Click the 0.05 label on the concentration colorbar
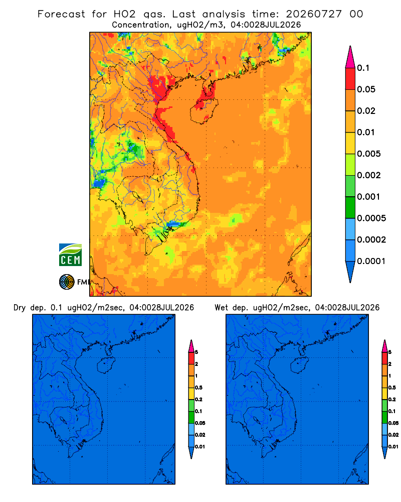(x=366, y=89)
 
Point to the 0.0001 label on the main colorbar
(x=371, y=261)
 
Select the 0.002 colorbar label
(x=369, y=175)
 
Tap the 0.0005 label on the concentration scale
(x=371, y=218)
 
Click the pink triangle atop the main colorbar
(x=350, y=58)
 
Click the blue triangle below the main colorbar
(x=350, y=271)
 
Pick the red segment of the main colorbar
(x=350, y=79)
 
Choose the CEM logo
(x=70, y=255)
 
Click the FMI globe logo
(x=67, y=282)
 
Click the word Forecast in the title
(x=61, y=14)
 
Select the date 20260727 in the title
(x=314, y=14)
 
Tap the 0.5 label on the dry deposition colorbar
(x=198, y=388)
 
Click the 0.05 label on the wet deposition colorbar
(x=393, y=423)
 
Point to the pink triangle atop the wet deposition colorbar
(x=384, y=346)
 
